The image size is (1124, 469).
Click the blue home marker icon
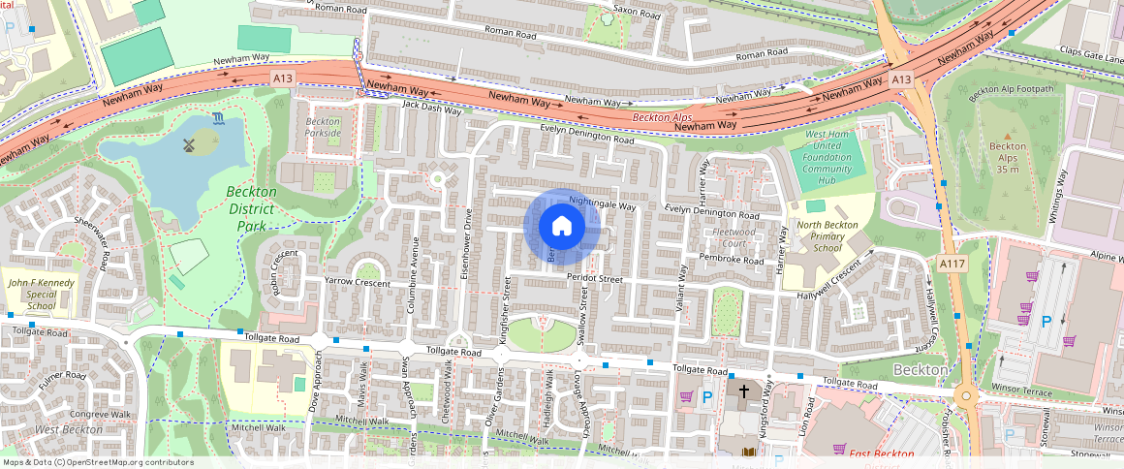[x=561, y=227]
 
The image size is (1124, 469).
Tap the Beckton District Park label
[x=251, y=208]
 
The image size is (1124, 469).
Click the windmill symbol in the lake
[x=190, y=144]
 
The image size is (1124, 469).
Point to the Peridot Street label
[x=596, y=279]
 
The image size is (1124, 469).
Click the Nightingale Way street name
[x=602, y=203]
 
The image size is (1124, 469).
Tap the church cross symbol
[x=744, y=392]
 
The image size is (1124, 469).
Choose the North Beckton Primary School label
[x=827, y=235]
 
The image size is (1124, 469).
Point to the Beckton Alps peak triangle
[x=1008, y=136]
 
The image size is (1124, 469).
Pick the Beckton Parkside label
[x=323, y=127]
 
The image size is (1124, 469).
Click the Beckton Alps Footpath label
[x=1016, y=90]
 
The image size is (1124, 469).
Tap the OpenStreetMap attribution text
[x=97, y=462]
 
